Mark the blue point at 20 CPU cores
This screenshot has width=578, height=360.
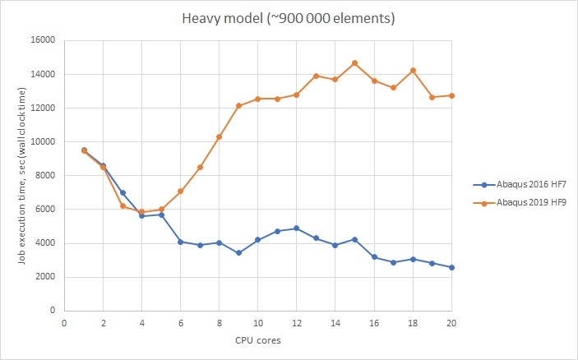coord(451,267)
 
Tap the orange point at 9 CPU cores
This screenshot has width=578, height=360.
coord(238,106)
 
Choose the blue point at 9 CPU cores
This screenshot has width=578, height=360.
coord(238,252)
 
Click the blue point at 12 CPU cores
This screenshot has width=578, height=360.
coord(297,228)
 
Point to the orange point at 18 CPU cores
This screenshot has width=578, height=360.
coord(413,70)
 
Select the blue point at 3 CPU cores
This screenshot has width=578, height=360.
coord(123,192)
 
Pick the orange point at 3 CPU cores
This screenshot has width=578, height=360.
coord(123,205)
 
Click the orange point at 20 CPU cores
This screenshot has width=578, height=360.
coord(451,95)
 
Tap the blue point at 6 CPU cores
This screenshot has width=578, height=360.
coord(181,242)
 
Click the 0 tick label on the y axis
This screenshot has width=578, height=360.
coord(53,311)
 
